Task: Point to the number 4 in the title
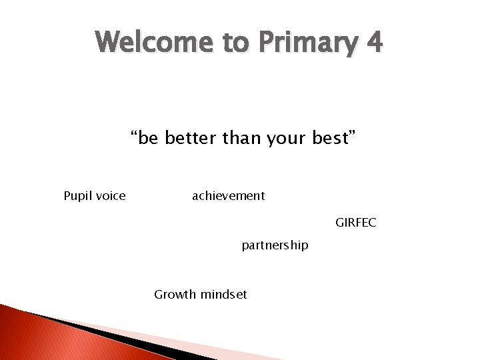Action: pyautogui.click(x=374, y=43)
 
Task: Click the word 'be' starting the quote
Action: pyautogui.click(x=149, y=139)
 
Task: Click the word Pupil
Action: pyautogui.click(x=77, y=196)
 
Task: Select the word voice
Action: pyautogui.click(x=110, y=196)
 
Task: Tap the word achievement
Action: pyautogui.click(x=228, y=196)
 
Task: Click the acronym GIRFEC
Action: pyautogui.click(x=355, y=223)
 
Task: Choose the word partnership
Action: pyautogui.click(x=275, y=245)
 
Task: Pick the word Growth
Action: pyautogui.click(x=175, y=295)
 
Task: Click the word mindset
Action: pyautogui.click(x=223, y=295)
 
